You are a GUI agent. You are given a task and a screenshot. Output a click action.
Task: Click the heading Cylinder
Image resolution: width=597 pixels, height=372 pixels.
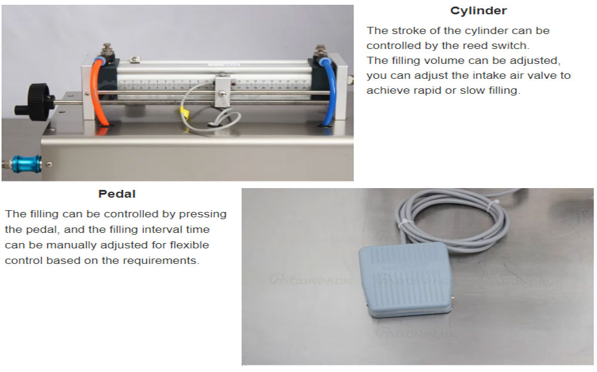(478, 11)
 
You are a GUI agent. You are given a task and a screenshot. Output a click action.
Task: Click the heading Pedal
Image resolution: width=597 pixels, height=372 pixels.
(117, 194)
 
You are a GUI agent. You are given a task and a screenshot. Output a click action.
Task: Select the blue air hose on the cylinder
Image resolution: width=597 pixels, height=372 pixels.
(330, 91)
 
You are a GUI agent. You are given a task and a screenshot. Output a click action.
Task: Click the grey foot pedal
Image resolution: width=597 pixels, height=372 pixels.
(406, 280)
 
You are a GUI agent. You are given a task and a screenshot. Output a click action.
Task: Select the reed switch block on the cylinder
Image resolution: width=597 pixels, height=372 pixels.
(223, 91)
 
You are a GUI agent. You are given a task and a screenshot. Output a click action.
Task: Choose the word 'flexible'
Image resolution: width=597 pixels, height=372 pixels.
(189, 245)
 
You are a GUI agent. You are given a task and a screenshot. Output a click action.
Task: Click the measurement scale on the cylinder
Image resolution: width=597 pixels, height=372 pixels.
(213, 84)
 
